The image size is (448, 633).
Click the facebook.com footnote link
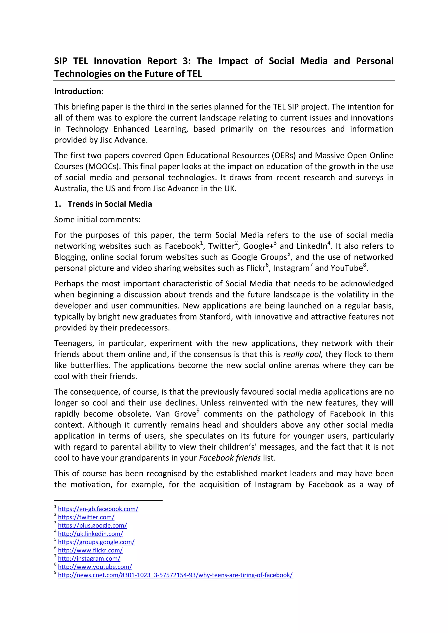98,509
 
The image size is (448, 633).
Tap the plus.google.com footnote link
92,525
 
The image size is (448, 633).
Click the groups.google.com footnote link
96,542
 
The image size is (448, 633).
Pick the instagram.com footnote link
89,558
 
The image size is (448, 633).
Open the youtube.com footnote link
95,567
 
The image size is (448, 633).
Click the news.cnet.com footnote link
175,575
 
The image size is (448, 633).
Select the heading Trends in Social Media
110,204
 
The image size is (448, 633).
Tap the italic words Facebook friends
230,458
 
